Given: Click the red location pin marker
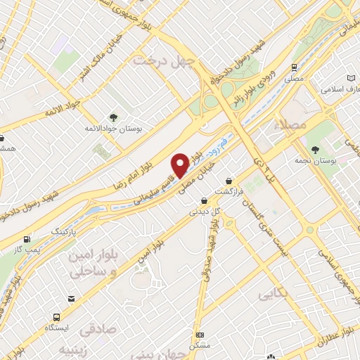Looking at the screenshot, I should coord(180,165).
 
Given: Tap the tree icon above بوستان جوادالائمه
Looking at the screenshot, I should coord(112,116).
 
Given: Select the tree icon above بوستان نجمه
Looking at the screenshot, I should coord(315,149).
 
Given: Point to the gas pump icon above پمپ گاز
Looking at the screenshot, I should coord(27,238).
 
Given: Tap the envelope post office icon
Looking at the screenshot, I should coord(71,299).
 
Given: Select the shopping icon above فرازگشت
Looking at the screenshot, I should coord(229,181).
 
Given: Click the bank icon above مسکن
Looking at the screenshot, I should coord(200,335).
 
